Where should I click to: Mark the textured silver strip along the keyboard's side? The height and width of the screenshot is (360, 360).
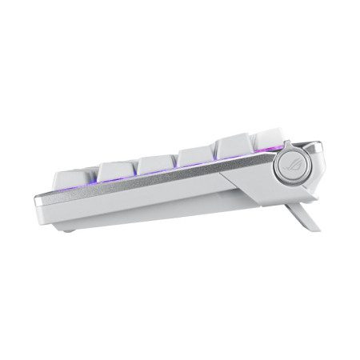pos(160,186)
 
